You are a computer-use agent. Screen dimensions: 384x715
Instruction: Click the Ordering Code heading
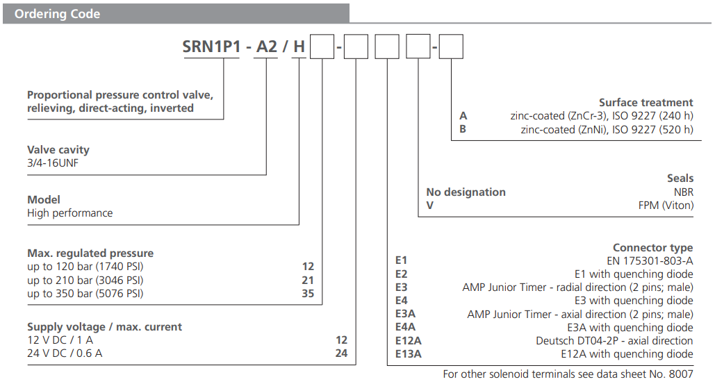tap(58, 14)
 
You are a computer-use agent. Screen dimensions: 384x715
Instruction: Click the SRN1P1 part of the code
tap(212, 47)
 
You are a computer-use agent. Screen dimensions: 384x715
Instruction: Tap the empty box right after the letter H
tap(321, 47)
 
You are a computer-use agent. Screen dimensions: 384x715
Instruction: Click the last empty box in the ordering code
tap(451, 47)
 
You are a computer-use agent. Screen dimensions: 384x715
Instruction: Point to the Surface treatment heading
tap(646, 102)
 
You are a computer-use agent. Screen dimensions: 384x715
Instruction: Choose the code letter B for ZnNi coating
tap(463, 129)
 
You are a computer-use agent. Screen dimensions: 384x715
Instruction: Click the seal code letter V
tap(429, 206)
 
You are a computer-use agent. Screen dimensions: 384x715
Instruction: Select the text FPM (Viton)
tap(665, 206)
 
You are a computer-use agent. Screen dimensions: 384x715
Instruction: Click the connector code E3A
tap(405, 314)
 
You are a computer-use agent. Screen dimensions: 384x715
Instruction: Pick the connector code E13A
tap(408, 354)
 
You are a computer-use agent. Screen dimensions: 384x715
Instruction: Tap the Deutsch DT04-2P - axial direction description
tap(614, 341)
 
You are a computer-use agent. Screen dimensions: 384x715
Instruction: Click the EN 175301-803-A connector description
tap(650, 260)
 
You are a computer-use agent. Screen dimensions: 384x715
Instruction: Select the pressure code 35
tap(308, 294)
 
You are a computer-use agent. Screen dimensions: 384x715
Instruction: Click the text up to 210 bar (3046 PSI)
tap(85, 281)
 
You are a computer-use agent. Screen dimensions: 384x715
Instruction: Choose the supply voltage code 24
tap(340, 354)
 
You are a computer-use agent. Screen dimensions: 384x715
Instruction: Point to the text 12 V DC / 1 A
tap(60, 340)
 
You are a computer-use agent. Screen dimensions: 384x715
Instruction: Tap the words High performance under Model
tap(69, 213)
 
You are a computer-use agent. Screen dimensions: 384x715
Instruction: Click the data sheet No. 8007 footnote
tap(568, 374)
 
